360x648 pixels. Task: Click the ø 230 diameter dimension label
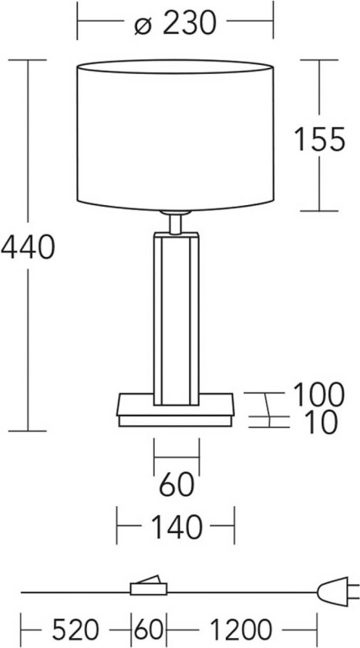[x=175, y=25]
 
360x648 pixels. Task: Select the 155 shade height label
[x=318, y=139]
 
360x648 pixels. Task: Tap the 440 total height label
[x=27, y=248]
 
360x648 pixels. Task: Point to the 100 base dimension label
[x=317, y=395]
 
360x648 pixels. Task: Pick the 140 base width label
[x=176, y=528]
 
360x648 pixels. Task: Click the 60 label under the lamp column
[x=176, y=486]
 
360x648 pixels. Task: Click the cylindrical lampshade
[x=177, y=135]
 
